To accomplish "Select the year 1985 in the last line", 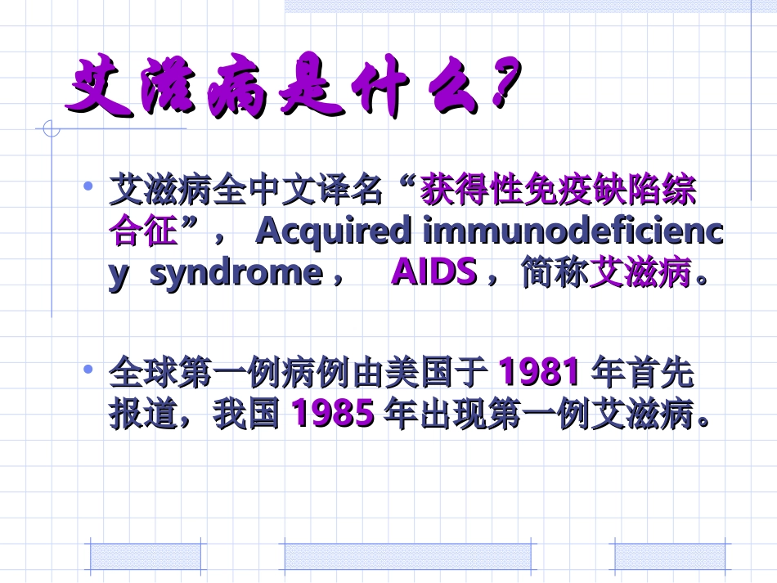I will click(333, 414).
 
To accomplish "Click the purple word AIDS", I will click(433, 272).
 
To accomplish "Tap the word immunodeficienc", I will click(573, 232).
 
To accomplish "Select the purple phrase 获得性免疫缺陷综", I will click(558, 192).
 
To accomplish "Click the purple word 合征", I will click(143, 232).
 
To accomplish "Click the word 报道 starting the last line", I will click(143, 415).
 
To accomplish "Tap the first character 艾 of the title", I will click(97, 84).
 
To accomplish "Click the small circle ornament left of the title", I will click(51, 128).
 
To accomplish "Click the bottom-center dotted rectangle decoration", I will click(406, 557).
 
